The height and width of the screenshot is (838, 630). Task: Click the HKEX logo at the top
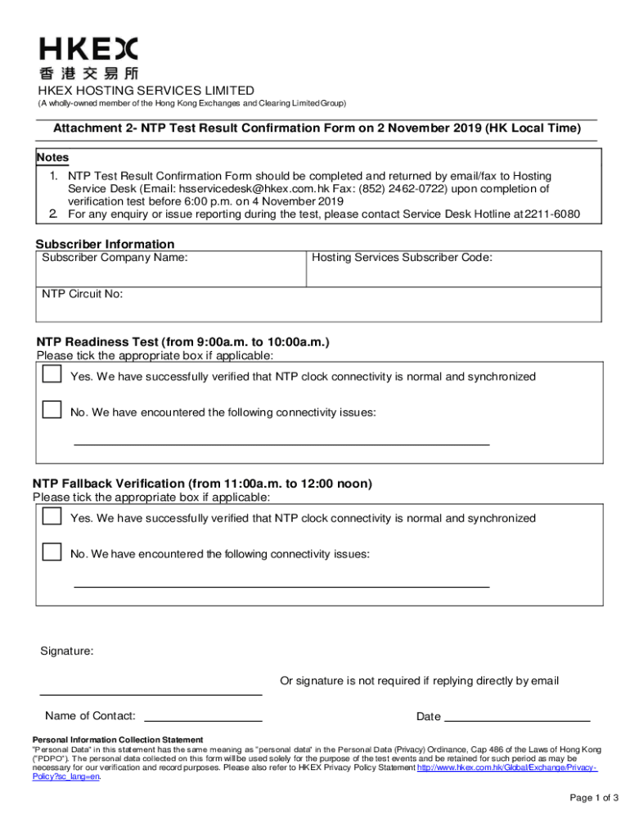click(89, 58)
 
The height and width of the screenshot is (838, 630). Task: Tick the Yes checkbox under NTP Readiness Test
click(52, 375)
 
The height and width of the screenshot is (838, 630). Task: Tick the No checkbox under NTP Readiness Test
click(52, 409)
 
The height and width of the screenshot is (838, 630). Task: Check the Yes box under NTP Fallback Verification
click(52, 516)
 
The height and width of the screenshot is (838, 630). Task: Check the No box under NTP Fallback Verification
click(52, 551)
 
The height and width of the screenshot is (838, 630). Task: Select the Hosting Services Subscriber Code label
click(402, 258)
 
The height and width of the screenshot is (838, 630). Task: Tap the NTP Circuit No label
click(83, 294)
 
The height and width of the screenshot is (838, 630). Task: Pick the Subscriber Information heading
click(106, 244)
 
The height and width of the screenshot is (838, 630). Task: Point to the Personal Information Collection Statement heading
click(117, 739)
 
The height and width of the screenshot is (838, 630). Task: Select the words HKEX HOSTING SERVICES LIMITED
click(144, 91)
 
